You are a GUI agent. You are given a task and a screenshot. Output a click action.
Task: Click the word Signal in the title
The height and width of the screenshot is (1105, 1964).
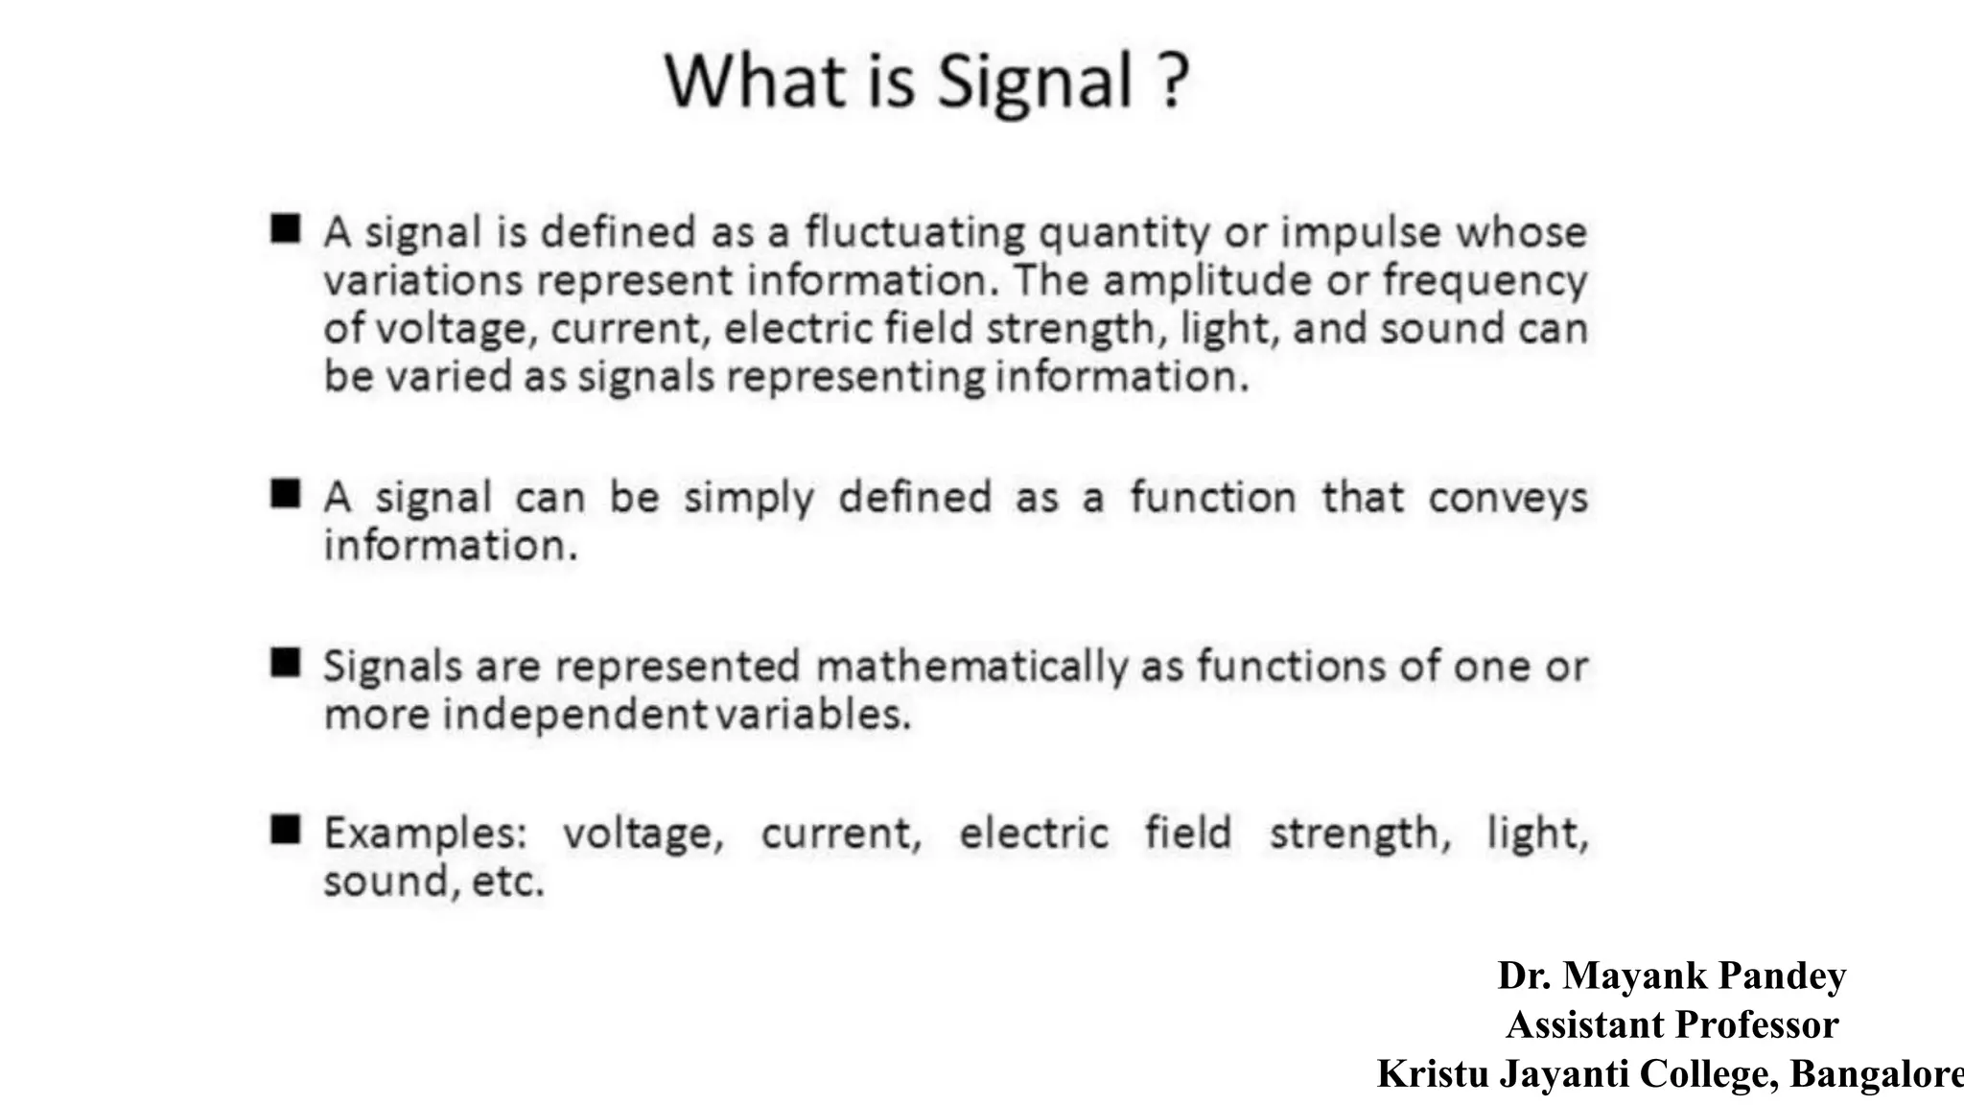[x=1035, y=81]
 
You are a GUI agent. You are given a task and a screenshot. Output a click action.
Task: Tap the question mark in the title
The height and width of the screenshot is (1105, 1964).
[x=1173, y=81]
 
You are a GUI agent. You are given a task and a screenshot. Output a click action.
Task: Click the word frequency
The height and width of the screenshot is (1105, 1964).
[x=1485, y=281]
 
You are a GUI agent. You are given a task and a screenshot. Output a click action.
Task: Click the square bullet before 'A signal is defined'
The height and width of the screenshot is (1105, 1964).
[x=286, y=228]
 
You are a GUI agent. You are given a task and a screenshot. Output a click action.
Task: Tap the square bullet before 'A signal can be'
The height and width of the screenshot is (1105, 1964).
[x=286, y=493]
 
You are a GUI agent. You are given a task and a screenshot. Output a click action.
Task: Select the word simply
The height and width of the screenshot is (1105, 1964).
[x=748, y=499]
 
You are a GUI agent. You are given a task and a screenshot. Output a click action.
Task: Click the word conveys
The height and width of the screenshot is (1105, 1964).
[x=1508, y=499]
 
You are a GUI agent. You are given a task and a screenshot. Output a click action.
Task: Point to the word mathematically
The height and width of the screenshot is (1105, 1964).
[x=971, y=667]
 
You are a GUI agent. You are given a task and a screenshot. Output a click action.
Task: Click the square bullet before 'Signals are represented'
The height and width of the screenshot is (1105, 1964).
[x=286, y=662]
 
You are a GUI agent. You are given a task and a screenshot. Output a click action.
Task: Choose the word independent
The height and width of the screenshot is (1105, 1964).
[x=573, y=715]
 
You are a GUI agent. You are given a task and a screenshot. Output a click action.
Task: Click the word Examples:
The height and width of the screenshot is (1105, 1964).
[x=426, y=834]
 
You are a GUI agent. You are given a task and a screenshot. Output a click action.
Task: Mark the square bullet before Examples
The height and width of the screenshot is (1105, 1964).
[x=286, y=829]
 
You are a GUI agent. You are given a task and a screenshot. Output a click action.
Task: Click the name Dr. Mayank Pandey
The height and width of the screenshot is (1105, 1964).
[x=1672, y=976]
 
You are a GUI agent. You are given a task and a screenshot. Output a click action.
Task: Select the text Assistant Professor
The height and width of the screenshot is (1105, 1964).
[x=1672, y=1024]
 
